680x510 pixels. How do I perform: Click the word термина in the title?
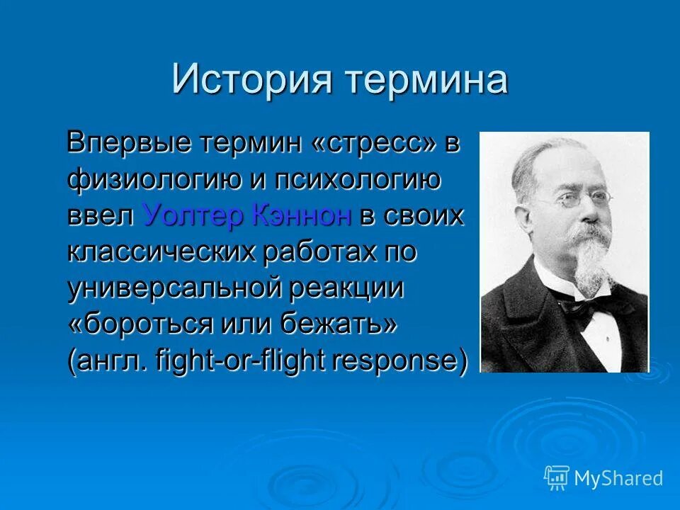[426, 79]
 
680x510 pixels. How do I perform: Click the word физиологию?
[151, 181]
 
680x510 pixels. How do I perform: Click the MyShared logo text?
[618, 479]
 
